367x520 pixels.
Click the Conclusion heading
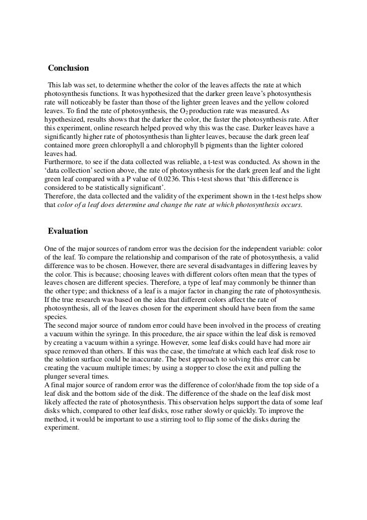pyautogui.click(x=69, y=68)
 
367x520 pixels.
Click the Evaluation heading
pyautogui.click(x=68, y=231)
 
